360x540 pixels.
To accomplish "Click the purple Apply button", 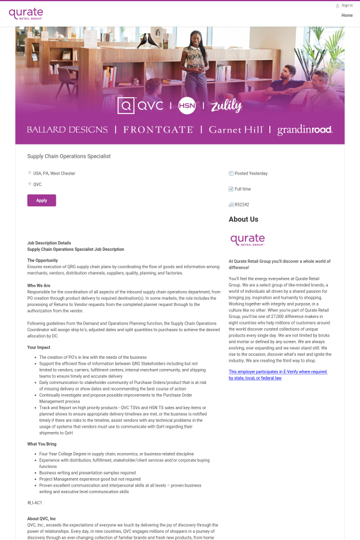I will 41,200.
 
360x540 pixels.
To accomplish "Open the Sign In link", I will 347,5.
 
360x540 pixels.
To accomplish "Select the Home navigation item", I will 347,16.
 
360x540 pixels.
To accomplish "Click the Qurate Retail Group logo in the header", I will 26,14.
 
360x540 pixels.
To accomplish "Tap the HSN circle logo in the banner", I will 187,106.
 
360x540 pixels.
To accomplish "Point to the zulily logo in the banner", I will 226,106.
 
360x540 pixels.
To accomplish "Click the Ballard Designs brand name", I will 67,130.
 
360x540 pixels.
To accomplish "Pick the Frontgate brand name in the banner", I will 158,130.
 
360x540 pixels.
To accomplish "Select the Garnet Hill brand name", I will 235,130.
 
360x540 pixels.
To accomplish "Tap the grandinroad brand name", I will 305,130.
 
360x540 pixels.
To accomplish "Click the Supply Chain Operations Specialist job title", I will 69,156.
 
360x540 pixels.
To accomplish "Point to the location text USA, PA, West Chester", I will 54,173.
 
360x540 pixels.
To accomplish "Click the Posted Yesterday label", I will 251,173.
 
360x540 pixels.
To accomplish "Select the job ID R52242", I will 242,205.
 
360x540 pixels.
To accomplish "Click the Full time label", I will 243,189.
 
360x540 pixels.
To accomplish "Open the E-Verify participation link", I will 278,375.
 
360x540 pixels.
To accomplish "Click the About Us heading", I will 244,220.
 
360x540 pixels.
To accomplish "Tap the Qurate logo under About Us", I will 247,240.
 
